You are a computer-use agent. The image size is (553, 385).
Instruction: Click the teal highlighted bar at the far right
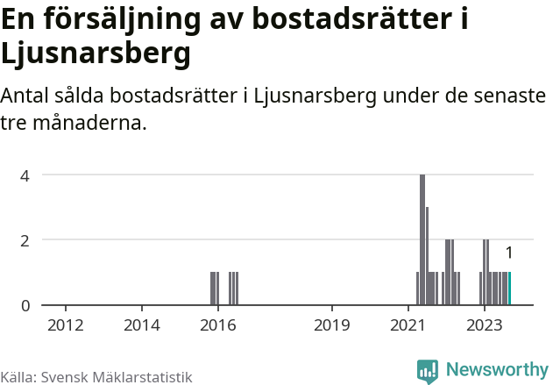point(509,289)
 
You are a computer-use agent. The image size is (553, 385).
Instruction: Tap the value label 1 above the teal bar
point(508,253)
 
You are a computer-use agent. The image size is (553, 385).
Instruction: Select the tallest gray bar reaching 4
point(422,239)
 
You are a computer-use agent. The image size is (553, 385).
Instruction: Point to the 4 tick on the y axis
point(25,175)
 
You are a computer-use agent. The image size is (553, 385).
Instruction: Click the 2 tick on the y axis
point(25,239)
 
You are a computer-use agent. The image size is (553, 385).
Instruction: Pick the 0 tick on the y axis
point(25,305)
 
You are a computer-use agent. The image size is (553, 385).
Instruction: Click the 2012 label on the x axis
point(66,325)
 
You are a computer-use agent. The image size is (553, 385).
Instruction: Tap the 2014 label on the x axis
point(142,325)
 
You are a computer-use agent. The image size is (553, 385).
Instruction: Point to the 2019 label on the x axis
point(332,325)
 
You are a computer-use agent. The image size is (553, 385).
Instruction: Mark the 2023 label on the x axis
point(485,325)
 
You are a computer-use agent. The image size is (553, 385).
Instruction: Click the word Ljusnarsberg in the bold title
point(96,54)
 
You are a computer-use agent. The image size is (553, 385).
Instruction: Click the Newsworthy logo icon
point(428,371)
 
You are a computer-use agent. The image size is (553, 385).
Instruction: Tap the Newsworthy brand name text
point(496,370)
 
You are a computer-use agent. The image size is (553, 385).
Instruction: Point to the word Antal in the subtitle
point(25,96)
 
